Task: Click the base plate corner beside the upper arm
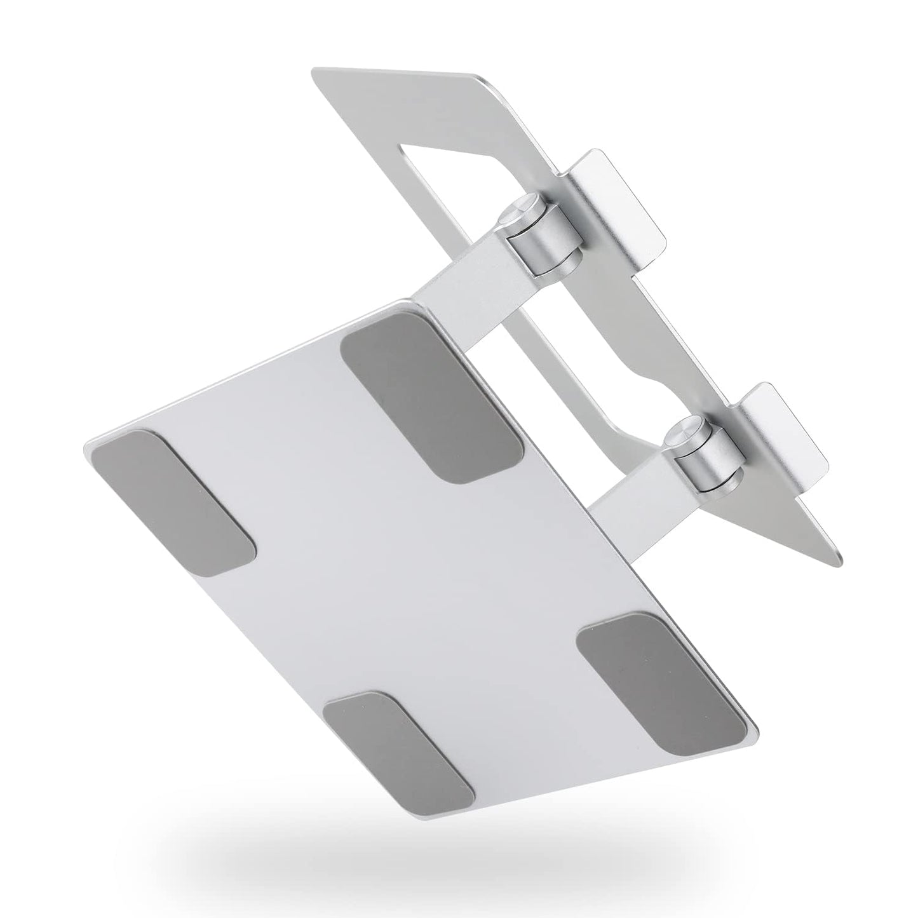[x=416, y=302]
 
